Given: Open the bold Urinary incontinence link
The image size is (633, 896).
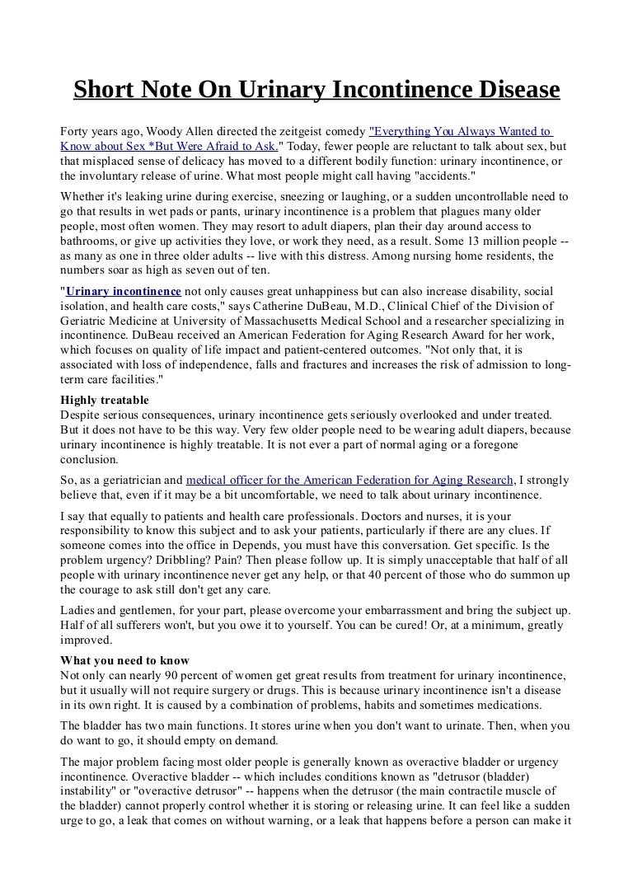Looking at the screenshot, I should [124, 292].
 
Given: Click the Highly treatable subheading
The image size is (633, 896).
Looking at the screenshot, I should [105, 400].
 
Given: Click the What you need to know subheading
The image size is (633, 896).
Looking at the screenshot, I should [125, 660].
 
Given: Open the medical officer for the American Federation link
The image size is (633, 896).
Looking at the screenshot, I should [349, 480].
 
